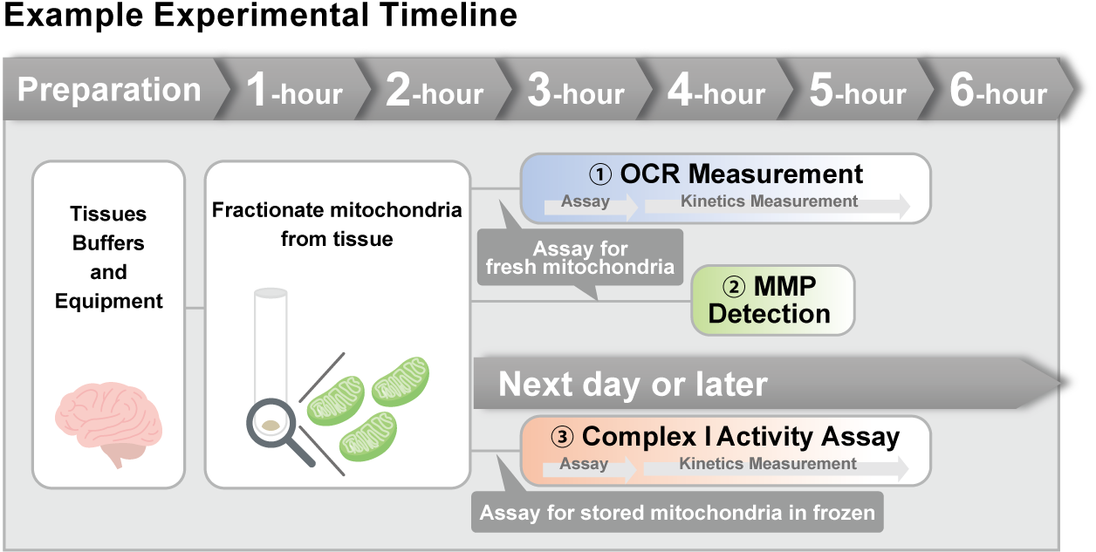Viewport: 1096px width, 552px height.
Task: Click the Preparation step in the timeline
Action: pos(109,90)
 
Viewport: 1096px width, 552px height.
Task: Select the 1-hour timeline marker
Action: pos(294,91)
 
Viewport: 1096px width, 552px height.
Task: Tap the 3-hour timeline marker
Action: pos(576,91)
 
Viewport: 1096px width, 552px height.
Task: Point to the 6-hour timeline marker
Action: pos(998,91)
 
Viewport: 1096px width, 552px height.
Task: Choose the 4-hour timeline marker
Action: pos(716,91)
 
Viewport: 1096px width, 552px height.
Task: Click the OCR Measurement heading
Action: pos(726,174)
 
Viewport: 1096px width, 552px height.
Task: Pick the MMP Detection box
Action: pos(772,300)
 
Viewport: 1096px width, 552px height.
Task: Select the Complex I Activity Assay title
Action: pos(725,436)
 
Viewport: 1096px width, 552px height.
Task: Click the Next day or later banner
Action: pos(634,384)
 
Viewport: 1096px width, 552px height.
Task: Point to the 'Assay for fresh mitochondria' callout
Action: pos(580,258)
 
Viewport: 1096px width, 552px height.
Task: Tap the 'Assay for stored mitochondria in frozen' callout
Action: pos(677,513)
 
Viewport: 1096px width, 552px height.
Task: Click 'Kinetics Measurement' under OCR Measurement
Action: pos(769,201)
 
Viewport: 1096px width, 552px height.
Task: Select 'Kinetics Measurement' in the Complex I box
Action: pos(768,464)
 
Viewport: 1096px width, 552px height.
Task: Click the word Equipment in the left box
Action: pos(109,302)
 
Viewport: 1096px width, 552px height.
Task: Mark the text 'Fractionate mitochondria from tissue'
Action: pos(337,224)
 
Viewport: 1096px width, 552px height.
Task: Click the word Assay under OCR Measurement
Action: pos(586,201)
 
